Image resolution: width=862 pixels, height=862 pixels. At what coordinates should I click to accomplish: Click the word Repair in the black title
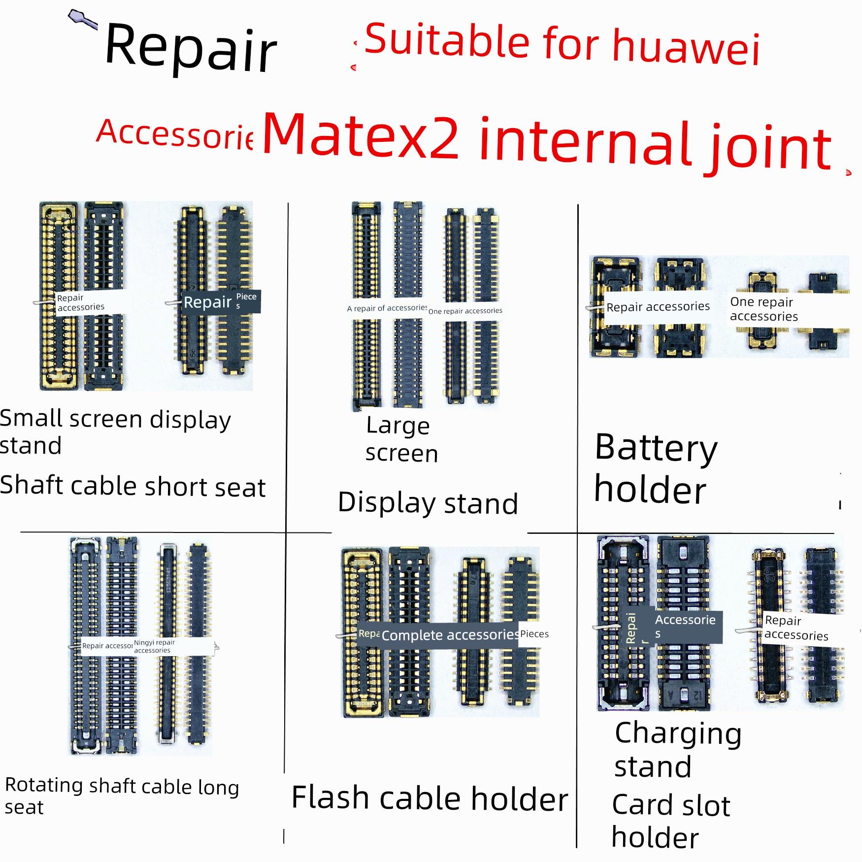(x=191, y=48)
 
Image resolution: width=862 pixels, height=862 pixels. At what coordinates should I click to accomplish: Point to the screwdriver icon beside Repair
(x=81, y=19)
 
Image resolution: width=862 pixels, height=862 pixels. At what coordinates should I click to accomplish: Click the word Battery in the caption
(x=656, y=448)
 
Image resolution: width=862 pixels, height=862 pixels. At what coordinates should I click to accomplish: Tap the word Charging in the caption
(x=678, y=733)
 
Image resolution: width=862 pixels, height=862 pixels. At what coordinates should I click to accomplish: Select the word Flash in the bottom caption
(x=330, y=797)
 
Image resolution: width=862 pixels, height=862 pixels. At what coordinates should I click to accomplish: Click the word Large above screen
(x=398, y=426)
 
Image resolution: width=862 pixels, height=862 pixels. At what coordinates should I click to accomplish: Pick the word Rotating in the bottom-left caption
(x=43, y=785)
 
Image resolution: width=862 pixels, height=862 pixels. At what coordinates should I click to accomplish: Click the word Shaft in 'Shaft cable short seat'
(x=32, y=485)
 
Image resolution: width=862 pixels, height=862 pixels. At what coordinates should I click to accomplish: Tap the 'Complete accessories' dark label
(x=450, y=635)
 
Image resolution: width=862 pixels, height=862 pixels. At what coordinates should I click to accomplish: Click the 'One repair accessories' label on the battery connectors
(x=763, y=309)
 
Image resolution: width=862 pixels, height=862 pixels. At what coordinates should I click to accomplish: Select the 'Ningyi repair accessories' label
(x=154, y=646)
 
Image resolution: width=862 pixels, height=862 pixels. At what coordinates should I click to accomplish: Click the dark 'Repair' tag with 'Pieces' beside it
(x=207, y=302)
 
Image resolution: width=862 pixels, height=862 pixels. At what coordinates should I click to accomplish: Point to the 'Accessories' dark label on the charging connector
(x=685, y=626)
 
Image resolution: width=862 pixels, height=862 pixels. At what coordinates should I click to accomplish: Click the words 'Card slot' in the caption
(x=670, y=806)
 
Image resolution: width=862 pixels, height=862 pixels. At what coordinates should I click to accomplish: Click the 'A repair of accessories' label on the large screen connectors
(x=387, y=308)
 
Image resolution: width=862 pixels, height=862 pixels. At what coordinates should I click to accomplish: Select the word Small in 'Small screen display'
(x=31, y=418)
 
